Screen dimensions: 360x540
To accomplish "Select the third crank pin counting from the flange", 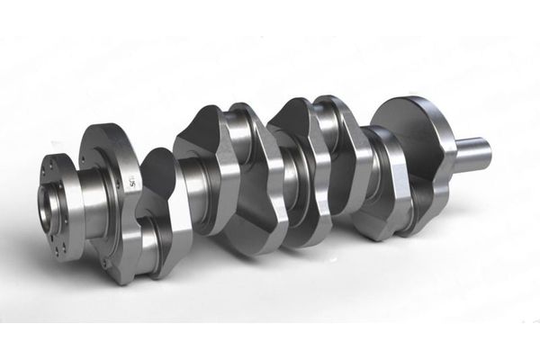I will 328,126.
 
